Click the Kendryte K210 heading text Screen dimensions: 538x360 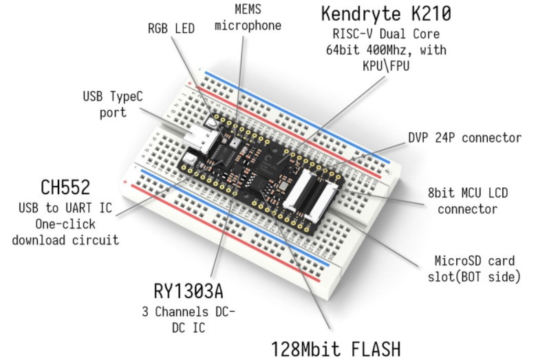click(x=386, y=14)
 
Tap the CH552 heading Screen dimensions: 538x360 click(x=65, y=187)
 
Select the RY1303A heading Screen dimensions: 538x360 click(x=189, y=291)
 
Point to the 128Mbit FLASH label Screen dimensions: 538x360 click(x=336, y=349)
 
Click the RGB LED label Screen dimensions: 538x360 click(x=171, y=28)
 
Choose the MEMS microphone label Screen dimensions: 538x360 click(x=248, y=17)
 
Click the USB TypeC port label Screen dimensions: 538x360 click(x=113, y=105)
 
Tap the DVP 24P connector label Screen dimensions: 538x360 click(x=464, y=138)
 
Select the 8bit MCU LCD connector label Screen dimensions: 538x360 click(x=468, y=201)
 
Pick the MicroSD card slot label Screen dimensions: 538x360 click(x=474, y=268)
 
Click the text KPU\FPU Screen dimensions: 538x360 click(x=386, y=65)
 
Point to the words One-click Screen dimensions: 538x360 click(x=65, y=224)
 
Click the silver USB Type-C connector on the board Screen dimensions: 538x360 click(x=202, y=140)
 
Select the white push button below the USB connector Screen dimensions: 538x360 click(x=190, y=159)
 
